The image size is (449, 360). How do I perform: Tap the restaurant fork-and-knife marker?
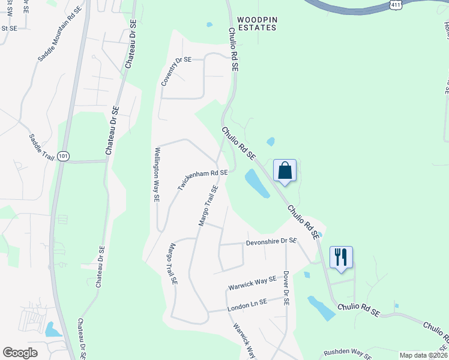pyautogui.click(x=340, y=257)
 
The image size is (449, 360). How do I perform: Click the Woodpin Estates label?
pyautogui.click(x=257, y=24)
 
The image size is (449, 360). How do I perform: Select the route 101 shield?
pyautogui.click(x=64, y=156)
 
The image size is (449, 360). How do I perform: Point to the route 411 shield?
pyautogui.click(x=394, y=5)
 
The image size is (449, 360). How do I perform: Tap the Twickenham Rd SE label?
pyautogui.click(x=202, y=180)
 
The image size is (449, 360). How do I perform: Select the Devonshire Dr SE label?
pyautogui.click(x=271, y=241)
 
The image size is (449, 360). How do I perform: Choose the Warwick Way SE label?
pyautogui.click(x=252, y=283)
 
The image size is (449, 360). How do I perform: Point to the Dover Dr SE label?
pyautogui.click(x=286, y=288)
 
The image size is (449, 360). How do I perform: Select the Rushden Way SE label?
pyautogui.click(x=348, y=352)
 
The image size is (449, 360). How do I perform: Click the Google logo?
pyautogui.click(x=20, y=353)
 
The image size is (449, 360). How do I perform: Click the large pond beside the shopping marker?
pyautogui.click(x=256, y=183)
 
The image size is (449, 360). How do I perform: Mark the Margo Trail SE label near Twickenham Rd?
pyautogui.click(x=208, y=206)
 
